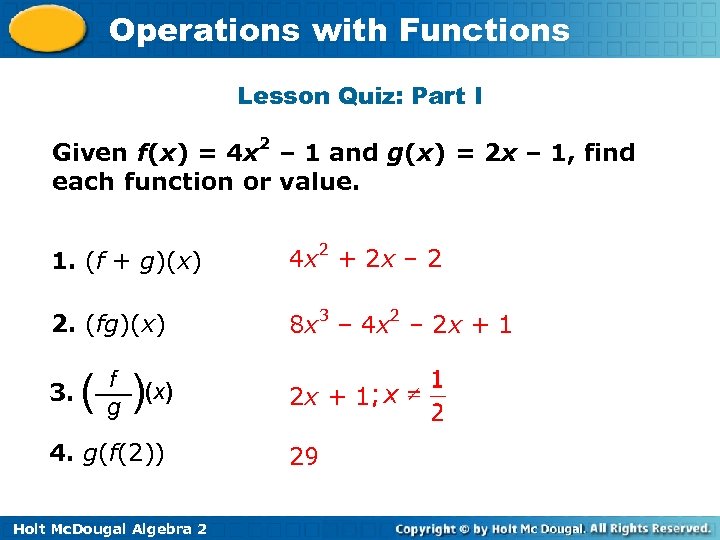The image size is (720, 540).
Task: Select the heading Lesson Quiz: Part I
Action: tap(360, 97)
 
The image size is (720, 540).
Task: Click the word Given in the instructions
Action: tap(89, 154)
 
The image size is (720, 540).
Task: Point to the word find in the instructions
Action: tap(609, 153)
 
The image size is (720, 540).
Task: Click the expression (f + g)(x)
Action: tap(143, 264)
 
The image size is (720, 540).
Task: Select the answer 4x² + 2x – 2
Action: tap(365, 260)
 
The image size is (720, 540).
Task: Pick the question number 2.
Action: tap(59, 325)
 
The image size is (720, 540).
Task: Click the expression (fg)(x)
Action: tap(125, 325)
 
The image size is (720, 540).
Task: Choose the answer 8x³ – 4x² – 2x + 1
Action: tap(400, 323)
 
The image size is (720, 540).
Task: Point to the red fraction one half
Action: tap(437, 396)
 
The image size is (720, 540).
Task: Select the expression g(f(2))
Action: tap(124, 455)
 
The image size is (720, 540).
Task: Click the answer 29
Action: tap(304, 457)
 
